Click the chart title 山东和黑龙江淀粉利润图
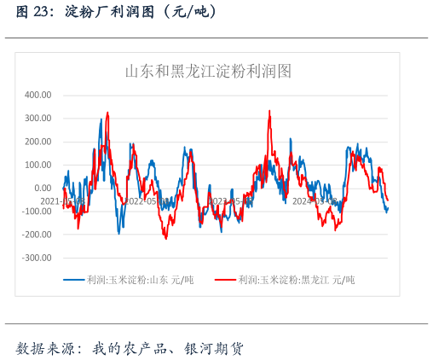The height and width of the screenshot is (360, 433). pyautogui.click(x=209, y=72)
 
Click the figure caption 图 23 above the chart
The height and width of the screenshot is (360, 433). pyautogui.click(x=32, y=11)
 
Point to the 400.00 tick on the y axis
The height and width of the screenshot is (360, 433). pyautogui.click(x=38, y=95)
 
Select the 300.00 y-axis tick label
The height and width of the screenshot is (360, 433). pyautogui.click(x=38, y=119)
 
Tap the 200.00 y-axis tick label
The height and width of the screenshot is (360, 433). pyautogui.click(x=38, y=142)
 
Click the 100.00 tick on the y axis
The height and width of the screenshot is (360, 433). pyautogui.click(x=38, y=165)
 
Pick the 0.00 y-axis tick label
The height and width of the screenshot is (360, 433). pyautogui.click(x=43, y=188)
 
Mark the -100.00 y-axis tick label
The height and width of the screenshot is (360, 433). pyautogui.click(x=36, y=211)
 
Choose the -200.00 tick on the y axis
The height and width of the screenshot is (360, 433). pyautogui.click(x=36, y=234)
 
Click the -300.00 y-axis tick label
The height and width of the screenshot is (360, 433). pyautogui.click(x=36, y=257)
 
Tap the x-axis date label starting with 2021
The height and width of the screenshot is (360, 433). pyautogui.click(x=61, y=201)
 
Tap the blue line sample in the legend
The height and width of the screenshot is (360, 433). pyautogui.click(x=74, y=280)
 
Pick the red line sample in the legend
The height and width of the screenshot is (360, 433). pyautogui.click(x=225, y=280)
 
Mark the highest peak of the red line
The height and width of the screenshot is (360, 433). pyautogui.click(x=269, y=111)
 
